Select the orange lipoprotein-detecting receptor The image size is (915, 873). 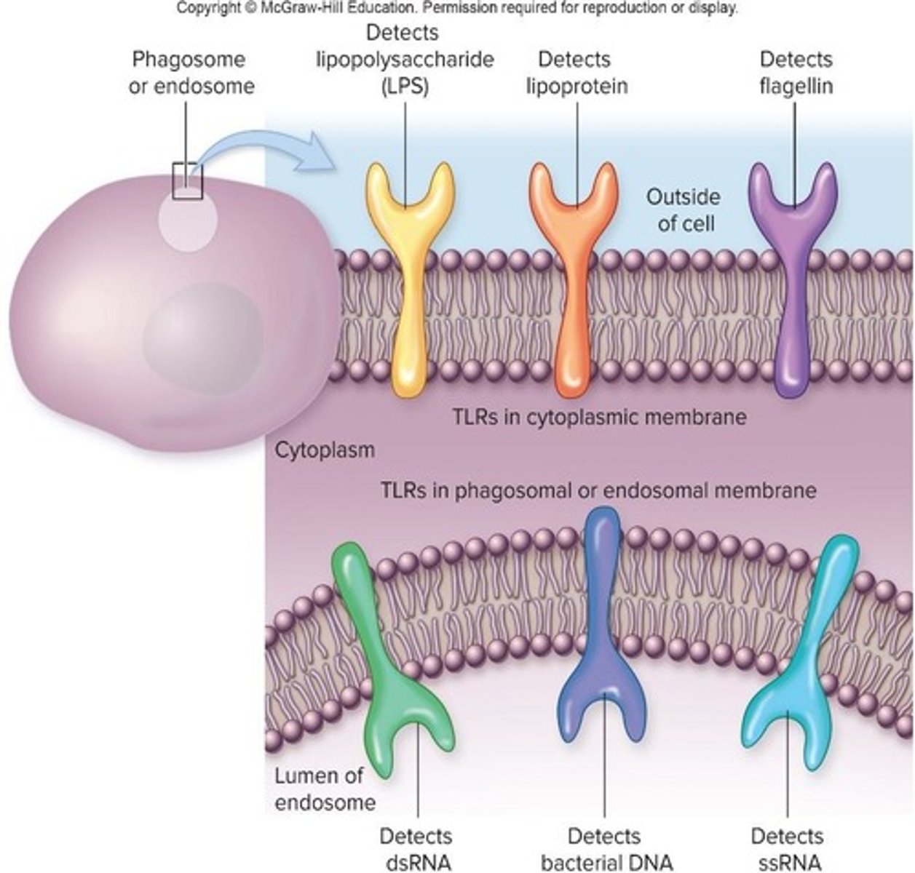pos(576,291)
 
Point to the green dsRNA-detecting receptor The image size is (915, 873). pos(379,655)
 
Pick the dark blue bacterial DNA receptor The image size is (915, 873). pos(603,640)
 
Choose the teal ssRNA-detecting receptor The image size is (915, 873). pos(801,655)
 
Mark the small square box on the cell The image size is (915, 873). pos(187,180)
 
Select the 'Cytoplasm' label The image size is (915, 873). pos(325,450)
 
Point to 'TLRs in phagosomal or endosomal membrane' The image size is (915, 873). pos(598,490)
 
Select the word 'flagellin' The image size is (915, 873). pos(796,86)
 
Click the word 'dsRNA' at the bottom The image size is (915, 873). pos(416,862)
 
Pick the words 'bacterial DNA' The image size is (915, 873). pos(603,862)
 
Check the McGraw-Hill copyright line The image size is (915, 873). pos(457,8)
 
